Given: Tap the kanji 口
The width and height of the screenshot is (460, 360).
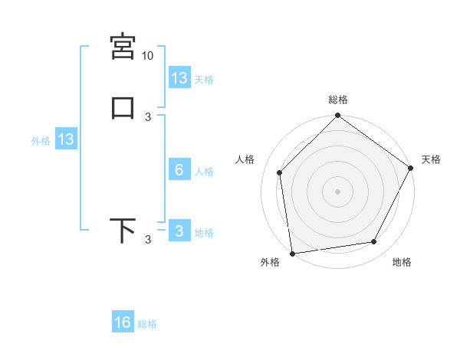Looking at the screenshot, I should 123,106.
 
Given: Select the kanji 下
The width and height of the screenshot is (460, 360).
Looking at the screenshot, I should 123,231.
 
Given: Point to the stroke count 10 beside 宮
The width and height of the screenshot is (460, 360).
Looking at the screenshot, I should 148,56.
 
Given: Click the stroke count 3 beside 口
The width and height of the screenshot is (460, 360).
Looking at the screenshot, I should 148,116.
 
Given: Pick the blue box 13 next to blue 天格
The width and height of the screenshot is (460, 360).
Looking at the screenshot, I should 179,78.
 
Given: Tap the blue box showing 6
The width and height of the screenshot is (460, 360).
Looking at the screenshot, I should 179,170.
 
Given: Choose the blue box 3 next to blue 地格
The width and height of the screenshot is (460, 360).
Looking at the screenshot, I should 179,232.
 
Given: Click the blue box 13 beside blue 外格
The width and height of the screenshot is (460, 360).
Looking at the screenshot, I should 66,139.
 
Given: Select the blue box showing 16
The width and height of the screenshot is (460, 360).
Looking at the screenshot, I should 123,322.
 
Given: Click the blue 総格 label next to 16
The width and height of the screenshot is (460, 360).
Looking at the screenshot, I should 147,324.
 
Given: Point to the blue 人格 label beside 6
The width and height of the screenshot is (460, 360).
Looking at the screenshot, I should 204,172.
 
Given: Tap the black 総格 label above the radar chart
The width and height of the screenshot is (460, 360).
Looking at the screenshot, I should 338,100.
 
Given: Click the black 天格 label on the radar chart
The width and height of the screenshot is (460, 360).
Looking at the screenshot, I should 431,159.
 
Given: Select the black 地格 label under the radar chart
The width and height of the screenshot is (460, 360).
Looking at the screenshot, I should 402,263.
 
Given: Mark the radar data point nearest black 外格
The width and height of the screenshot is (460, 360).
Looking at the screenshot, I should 292,253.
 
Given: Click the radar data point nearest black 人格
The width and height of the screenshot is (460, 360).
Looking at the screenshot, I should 280,172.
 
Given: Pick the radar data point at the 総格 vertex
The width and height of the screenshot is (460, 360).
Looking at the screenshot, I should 338,116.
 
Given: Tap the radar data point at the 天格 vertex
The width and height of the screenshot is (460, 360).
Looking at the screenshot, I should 410,168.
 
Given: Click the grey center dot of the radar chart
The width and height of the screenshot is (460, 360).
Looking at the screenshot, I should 338,191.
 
